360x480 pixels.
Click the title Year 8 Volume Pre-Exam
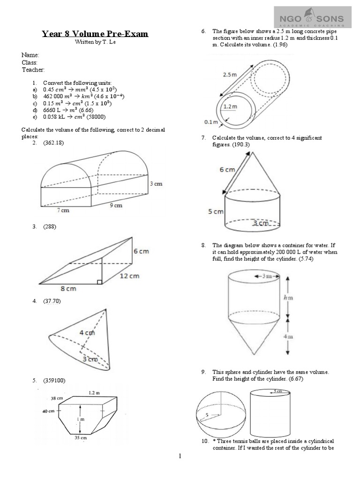click(x=95, y=33)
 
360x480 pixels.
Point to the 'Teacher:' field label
click(x=33, y=70)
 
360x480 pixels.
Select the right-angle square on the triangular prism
click(x=99, y=282)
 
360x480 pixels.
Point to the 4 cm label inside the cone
click(x=88, y=333)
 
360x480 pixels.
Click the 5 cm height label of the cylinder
click(x=216, y=212)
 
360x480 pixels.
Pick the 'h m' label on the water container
click(x=293, y=297)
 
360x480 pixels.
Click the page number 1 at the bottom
click(x=180, y=456)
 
